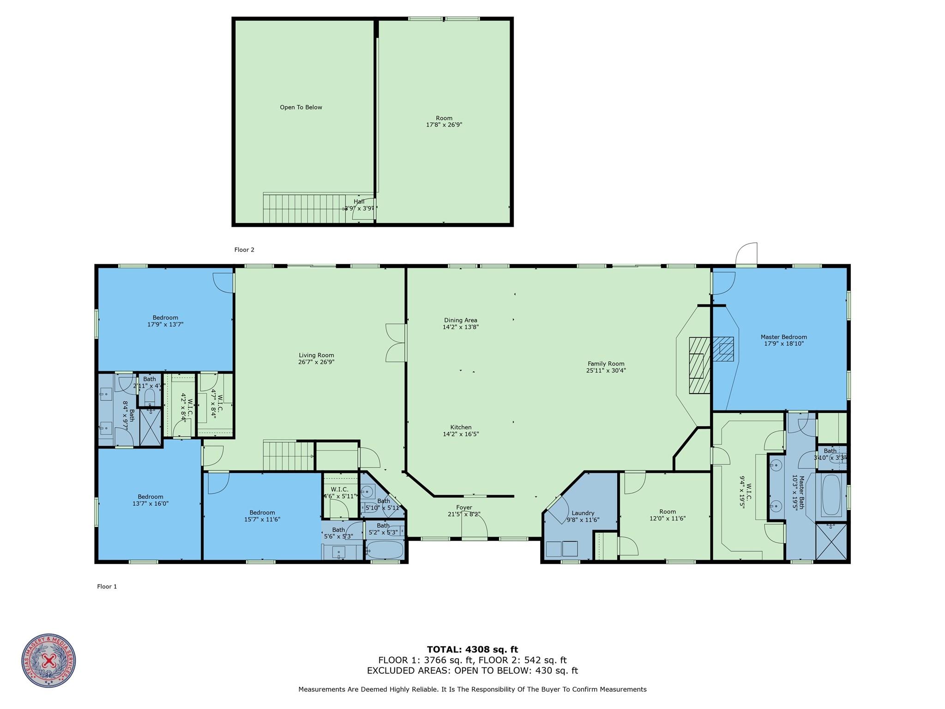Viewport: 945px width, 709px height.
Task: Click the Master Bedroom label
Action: [x=783, y=337]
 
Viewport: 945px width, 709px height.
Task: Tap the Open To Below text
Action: [x=301, y=107]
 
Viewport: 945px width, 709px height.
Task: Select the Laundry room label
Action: [x=583, y=513]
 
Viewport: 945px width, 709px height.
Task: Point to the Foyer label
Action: [x=463, y=508]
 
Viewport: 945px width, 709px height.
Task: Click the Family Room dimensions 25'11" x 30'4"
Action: [x=606, y=370]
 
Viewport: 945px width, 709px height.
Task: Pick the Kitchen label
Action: [x=461, y=427]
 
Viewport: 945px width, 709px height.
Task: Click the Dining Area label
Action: [x=460, y=320]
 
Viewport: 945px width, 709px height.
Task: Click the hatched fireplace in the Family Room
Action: [x=699, y=365]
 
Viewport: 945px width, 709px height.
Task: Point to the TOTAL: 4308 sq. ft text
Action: [x=472, y=649]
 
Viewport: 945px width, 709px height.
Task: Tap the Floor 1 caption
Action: [x=107, y=587]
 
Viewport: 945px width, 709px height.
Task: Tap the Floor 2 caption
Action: [x=244, y=250]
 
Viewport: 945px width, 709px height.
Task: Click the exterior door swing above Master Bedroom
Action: [x=746, y=254]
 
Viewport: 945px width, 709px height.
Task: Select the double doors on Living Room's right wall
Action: [x=395, y=342]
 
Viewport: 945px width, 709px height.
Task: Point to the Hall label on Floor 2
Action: [x=359, y=201]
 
